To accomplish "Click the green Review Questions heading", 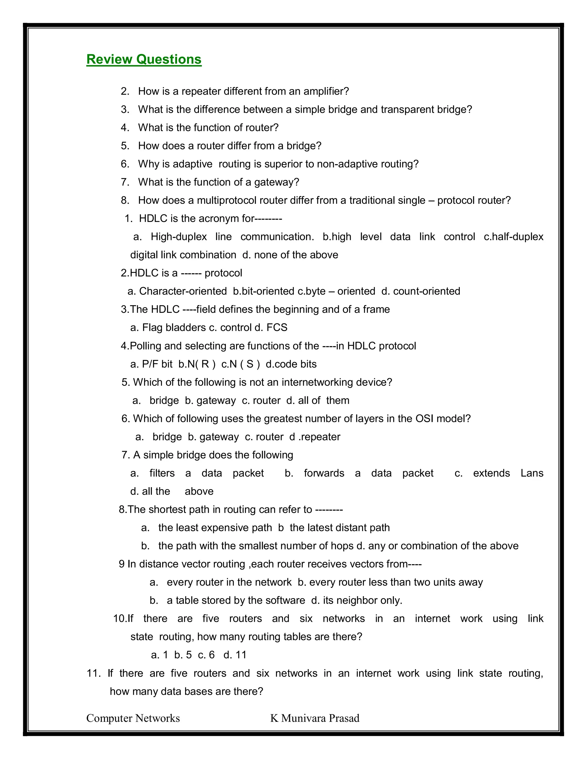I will [x=144, y=59].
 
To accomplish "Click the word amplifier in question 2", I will [x=326, y=91].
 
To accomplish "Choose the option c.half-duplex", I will [x=513, y=237].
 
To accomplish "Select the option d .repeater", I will [x=315, y=437].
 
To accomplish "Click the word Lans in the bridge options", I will [x=532, y=473].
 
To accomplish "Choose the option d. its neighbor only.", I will [x=357, y=601].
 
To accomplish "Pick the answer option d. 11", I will [x=235, y=655].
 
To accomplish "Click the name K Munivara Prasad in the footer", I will [x=315, y=718].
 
